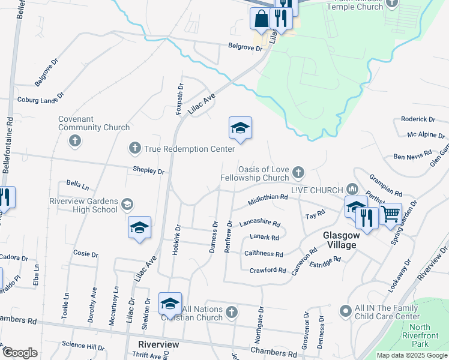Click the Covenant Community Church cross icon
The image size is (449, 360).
(75, 141)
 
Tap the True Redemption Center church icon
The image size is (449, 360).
(134, 148)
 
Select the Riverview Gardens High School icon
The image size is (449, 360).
(127, 205)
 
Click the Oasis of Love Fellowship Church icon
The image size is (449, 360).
(298, 173)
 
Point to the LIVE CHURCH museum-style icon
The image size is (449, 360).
(352, 190)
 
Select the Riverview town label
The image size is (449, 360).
(158, 345)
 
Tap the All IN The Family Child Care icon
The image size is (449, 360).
(345, 311)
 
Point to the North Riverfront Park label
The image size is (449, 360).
(417, 336)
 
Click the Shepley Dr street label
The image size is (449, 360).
(148, 171)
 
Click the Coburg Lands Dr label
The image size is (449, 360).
(40, 99)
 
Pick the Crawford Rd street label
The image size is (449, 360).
(268, 271)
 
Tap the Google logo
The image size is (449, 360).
(20, 353)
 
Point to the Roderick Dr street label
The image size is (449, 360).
(418, 120)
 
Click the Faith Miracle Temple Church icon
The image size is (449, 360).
(393, 4)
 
